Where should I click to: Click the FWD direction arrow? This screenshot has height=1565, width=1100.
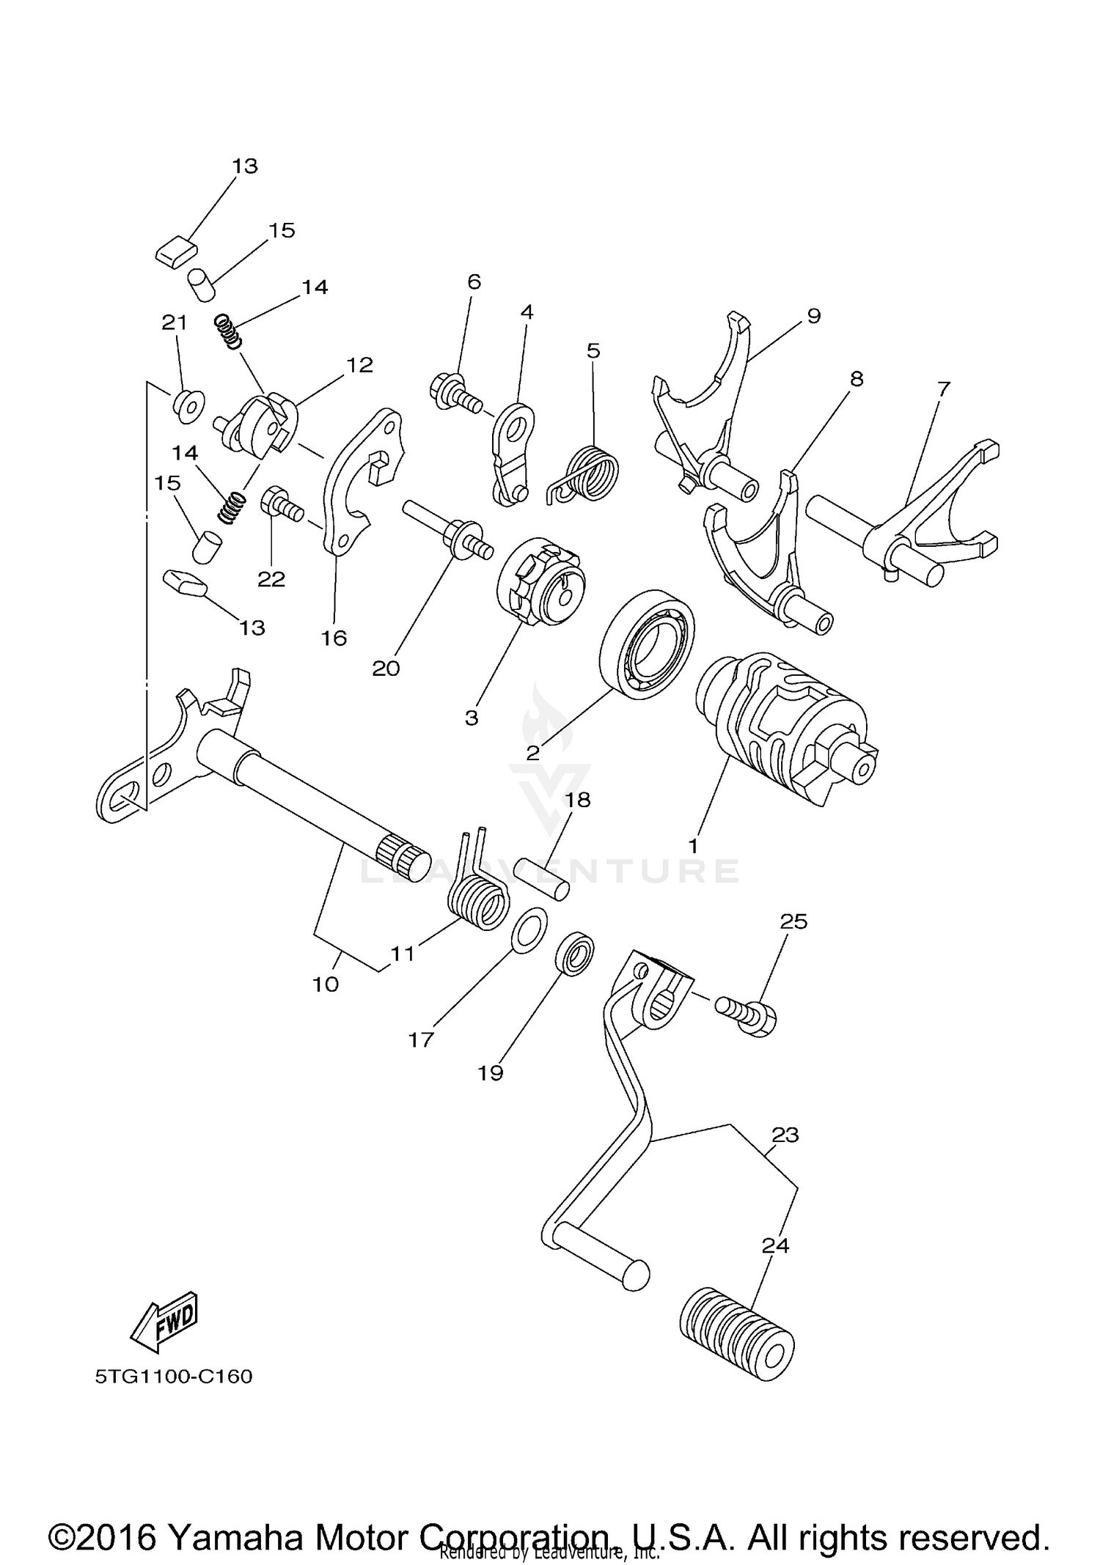coord(166,1322)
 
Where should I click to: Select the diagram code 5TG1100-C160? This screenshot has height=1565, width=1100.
coord(173,1376)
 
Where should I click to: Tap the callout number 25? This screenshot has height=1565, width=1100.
coord(793,921)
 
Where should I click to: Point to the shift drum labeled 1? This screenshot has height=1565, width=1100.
coord(785,731)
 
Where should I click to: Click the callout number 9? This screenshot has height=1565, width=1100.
coord(813,316)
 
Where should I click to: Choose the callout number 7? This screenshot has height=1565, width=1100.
coord(943,389)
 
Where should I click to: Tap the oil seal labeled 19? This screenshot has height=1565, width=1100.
coord(574,954)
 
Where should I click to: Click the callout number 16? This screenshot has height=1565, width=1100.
coord(334,638)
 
